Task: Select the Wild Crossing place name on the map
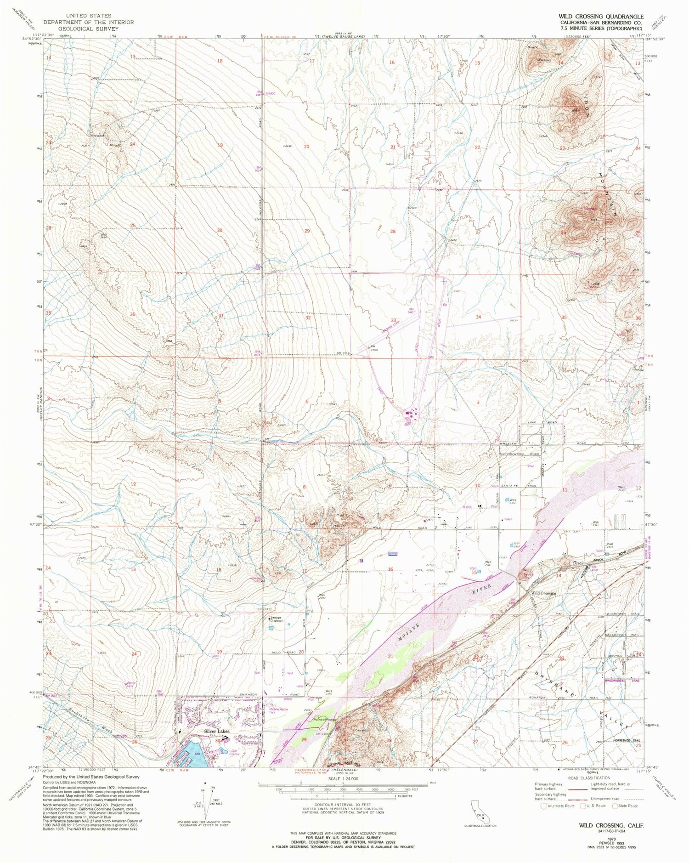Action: tap(544, 593)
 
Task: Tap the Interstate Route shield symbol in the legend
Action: tap(544, 806)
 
